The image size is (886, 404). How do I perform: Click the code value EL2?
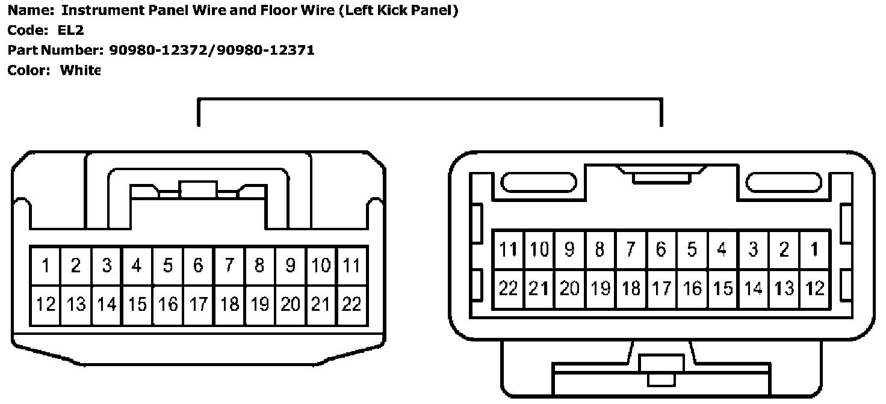[x=72, y=30]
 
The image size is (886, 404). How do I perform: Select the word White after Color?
[x=79, y=70]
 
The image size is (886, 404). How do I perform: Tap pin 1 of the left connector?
[x=46, y=265]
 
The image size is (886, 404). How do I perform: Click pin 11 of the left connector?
[x=352, y=265]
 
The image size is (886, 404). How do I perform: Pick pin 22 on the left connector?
[x=352, y=304]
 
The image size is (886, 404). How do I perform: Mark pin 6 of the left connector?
[x=198, y=265]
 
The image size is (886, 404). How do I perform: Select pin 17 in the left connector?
[x=198, y=304]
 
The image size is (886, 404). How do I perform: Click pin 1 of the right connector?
[x=814, y=249]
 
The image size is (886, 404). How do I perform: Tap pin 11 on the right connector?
[x=509, y=249]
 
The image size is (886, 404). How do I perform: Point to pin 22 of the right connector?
[x=509, y=289]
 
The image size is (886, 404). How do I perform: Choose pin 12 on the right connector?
[x=814, y=289]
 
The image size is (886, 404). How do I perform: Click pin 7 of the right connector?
[x=631, y=249]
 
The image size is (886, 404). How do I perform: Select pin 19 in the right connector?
[x=600, y=289]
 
